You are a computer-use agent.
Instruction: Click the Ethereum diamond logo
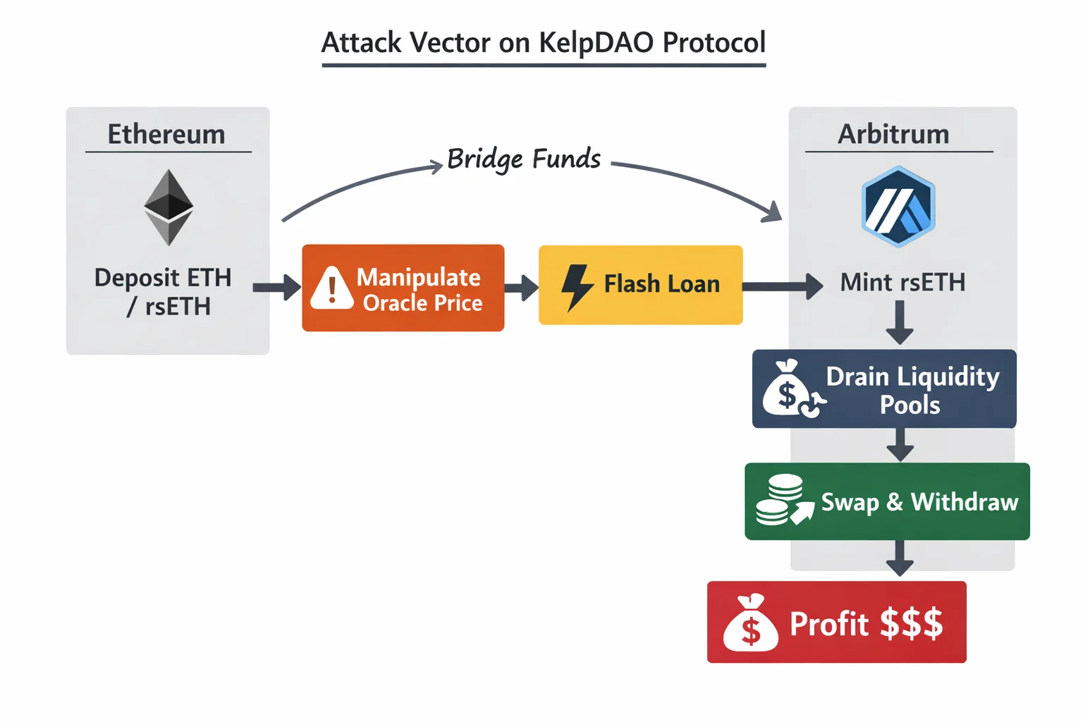169,207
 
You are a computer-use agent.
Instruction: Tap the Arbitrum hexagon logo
898,207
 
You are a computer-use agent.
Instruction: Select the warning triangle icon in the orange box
331,288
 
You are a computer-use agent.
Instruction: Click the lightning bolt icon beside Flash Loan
577,287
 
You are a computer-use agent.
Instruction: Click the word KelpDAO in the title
596,42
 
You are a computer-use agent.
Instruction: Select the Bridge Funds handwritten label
524,159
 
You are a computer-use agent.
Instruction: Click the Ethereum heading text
166,134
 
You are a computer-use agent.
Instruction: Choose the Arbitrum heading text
893,134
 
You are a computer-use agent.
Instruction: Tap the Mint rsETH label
902,283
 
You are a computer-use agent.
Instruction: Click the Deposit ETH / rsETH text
164,292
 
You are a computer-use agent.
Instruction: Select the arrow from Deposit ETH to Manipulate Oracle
276,288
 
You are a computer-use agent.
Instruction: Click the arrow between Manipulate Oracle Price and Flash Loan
521,288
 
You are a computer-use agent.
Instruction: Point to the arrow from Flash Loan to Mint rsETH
781,286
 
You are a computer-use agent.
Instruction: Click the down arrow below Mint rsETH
900,323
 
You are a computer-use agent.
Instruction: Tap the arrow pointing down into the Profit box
900,559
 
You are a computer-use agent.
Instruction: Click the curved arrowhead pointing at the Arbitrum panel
773,212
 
